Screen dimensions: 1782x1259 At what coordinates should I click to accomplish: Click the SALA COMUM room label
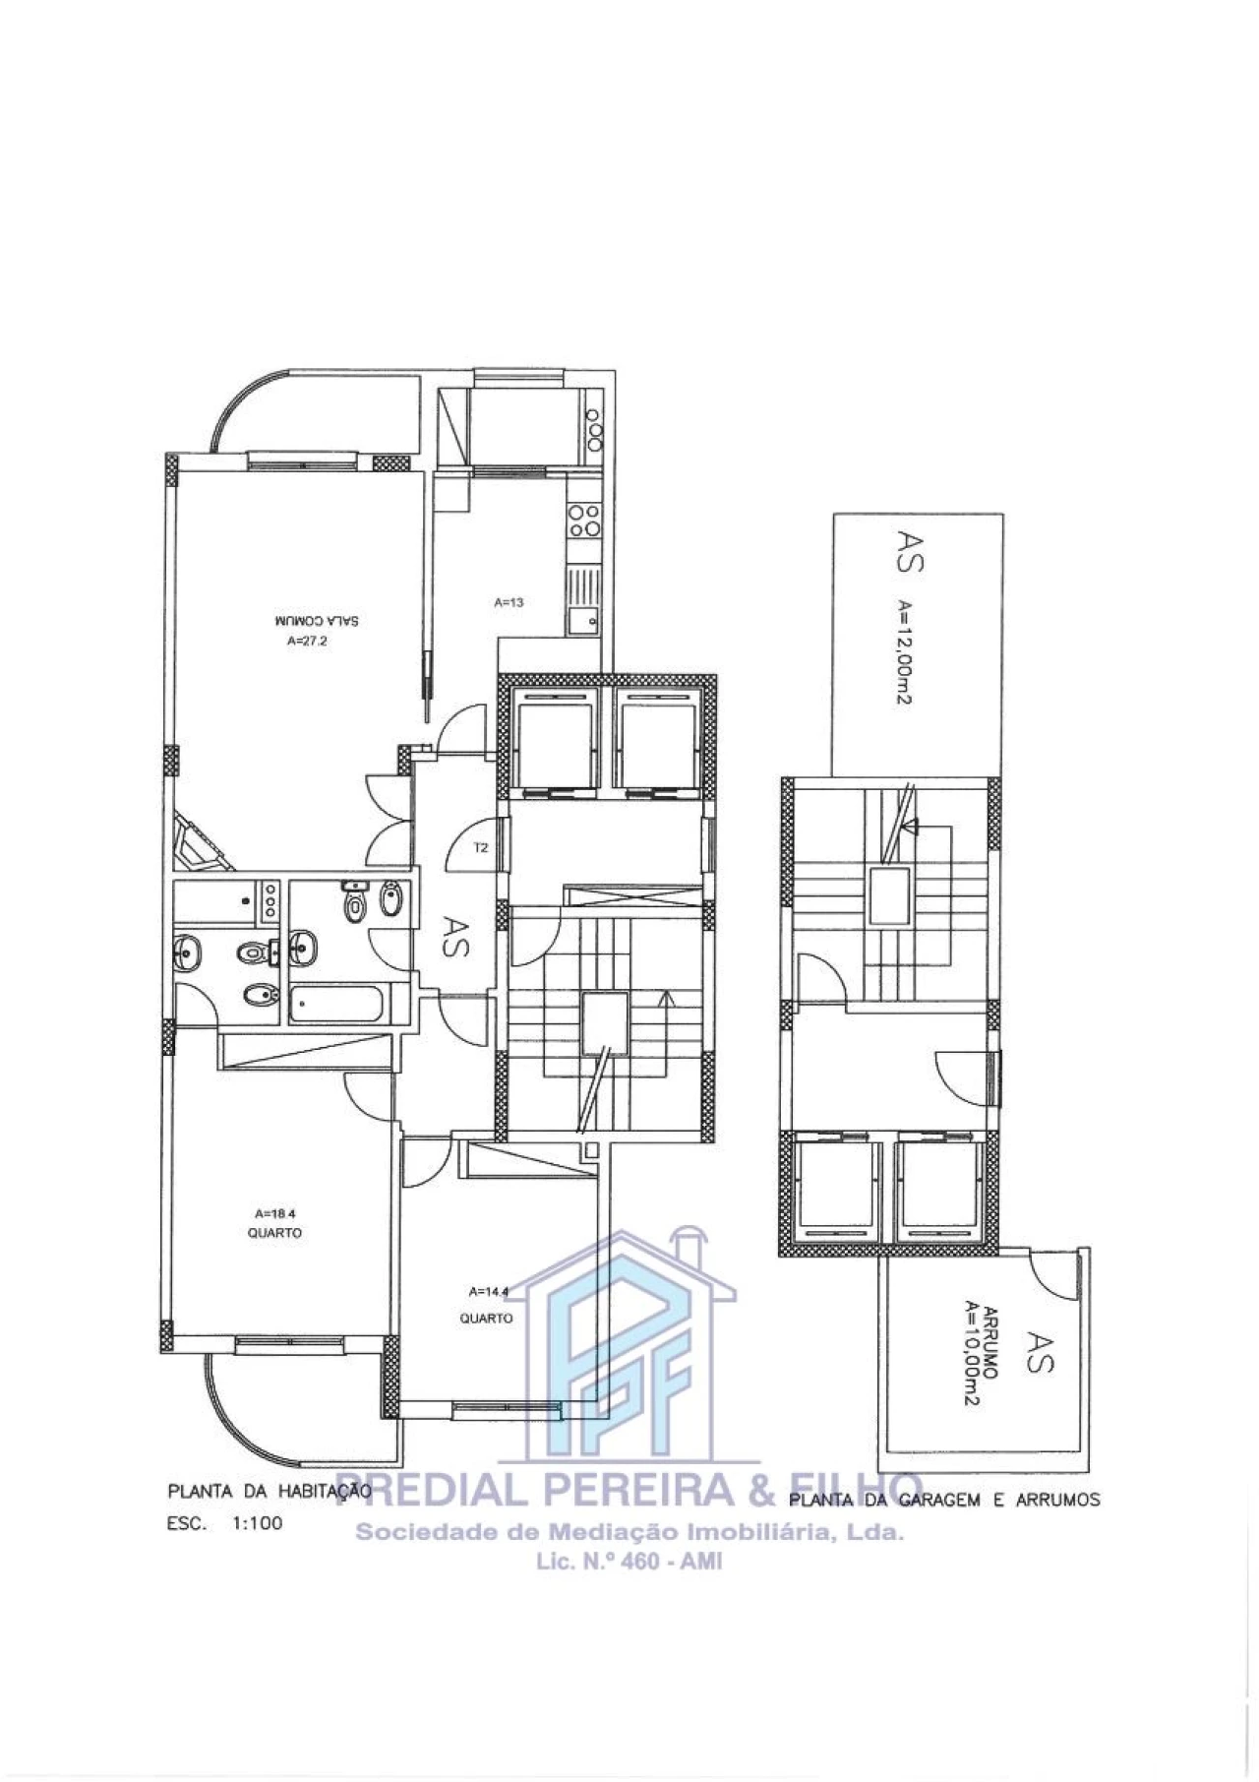pyautogui.click(x=317, y=621)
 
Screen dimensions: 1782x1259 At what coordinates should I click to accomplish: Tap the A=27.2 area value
pyautogui.click(x=307, y=641)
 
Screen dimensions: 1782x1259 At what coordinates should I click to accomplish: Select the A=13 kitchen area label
pyautogui.click(x=509, y=602)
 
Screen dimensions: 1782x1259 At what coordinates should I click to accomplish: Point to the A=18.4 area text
pyautogui.click(x=274, y=1213)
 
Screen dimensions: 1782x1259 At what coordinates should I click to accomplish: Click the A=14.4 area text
pyautogui.click(x=489, y=1291)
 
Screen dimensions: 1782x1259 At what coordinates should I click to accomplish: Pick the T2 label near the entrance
pyautogui.click(x=481, y=847)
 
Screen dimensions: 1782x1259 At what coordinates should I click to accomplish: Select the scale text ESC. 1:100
pyautogui.click(x=225, y=1523)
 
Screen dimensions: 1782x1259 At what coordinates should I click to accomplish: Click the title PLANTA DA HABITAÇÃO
pyautogui.click(x=269, y=1492)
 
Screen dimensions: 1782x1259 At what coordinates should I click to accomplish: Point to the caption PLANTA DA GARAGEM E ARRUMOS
pyautogui.click(x=944, y=1500)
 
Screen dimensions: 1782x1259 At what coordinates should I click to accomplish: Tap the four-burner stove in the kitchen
pyautogui.click(x=583, y=519)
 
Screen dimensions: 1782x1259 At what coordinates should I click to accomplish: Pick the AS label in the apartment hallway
pyautogui.click(x=455, y=937)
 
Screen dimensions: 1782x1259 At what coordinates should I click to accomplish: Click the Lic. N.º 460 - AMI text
pyautogui.click(x=629, y=1561)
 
